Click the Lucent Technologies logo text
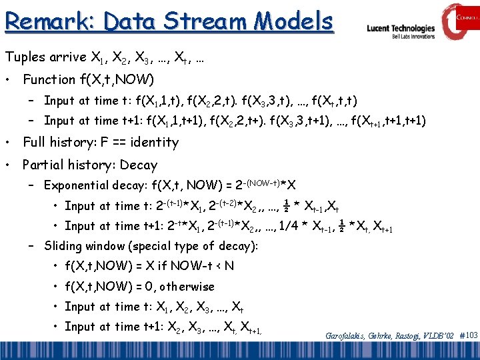click(401, 29)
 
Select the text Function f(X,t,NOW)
click(88, 79)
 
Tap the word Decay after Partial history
click(139, 165)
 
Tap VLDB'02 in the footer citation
click(437, 336)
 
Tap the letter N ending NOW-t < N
click(229, 266)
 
